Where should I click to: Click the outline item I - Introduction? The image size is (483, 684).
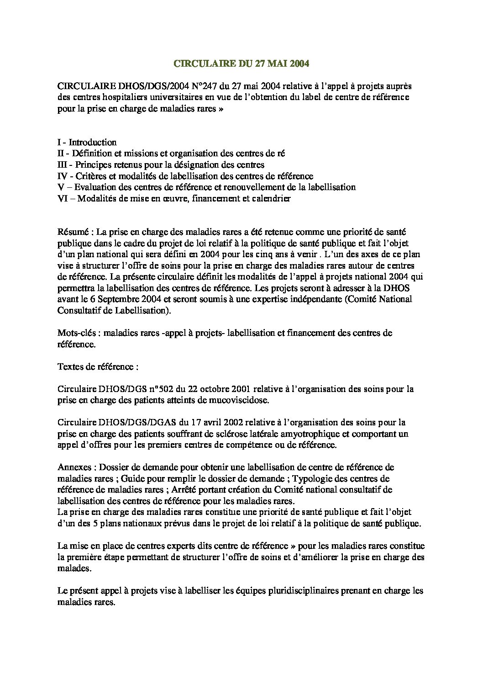pos(87,142)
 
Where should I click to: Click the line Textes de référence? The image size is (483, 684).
pos(95,366)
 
